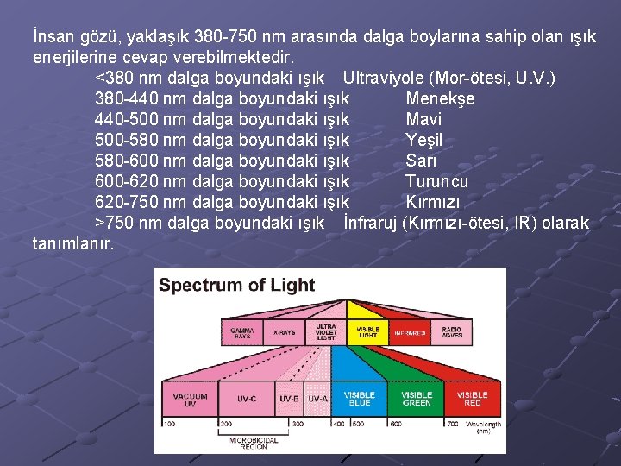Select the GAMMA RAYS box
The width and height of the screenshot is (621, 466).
tap(241, 332)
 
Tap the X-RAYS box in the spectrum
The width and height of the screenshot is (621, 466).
tap(283, 332)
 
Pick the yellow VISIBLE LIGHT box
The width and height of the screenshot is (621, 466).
tap(368, 332)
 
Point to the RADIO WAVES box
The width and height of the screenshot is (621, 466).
tap(451, 332)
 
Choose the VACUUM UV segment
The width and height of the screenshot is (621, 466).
tap(190, 400)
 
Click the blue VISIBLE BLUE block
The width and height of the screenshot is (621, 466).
tap(361, 400)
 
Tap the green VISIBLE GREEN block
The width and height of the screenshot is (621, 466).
tap(417, 400)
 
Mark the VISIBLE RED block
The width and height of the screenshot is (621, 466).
tap(472, 400)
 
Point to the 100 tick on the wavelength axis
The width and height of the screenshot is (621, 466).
tap(169, 425)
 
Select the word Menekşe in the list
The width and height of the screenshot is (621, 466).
tap(439, 98)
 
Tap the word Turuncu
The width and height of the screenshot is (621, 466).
tap(436, 181)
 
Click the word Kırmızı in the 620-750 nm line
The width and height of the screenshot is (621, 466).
tap(432, 203)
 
